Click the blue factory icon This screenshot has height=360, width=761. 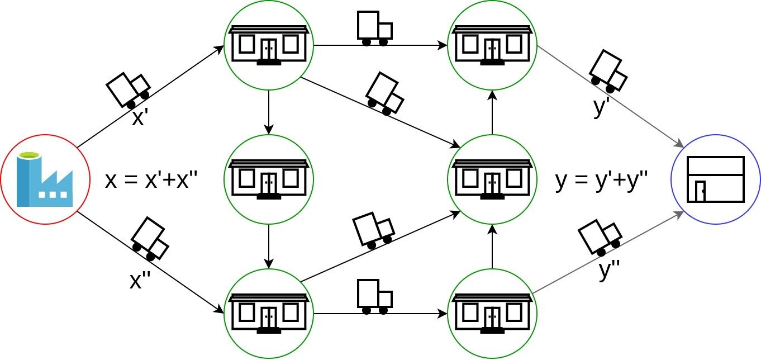tap(45, 179)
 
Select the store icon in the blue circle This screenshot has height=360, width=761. tap(715, 179)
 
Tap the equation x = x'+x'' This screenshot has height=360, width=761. tap(151, 180)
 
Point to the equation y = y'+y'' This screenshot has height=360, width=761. tap(601, 180)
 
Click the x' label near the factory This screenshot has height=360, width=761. tap(140, 118)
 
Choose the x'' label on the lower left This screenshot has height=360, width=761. tap(140, 280)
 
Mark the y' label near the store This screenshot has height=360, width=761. tap(601, 107)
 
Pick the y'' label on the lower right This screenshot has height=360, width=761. tap(610, 270)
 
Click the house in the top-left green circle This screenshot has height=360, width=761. tap(269, 45)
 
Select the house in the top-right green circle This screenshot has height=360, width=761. tap(492, 45)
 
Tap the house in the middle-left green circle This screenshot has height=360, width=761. tap(269, 179)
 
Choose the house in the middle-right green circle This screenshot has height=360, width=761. tap(492, 179)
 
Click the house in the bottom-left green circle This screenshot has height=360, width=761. tap(269, 314)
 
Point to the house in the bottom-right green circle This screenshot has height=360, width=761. tap(492, 314)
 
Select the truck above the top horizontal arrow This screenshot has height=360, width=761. tap(374, 29)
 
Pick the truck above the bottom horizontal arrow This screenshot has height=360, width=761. tap(374, 297)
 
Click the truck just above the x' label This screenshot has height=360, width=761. tap(128, 89)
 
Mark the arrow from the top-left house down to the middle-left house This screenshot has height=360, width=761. tap(269, 112)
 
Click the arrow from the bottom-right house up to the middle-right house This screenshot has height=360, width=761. tap(492, 247)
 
